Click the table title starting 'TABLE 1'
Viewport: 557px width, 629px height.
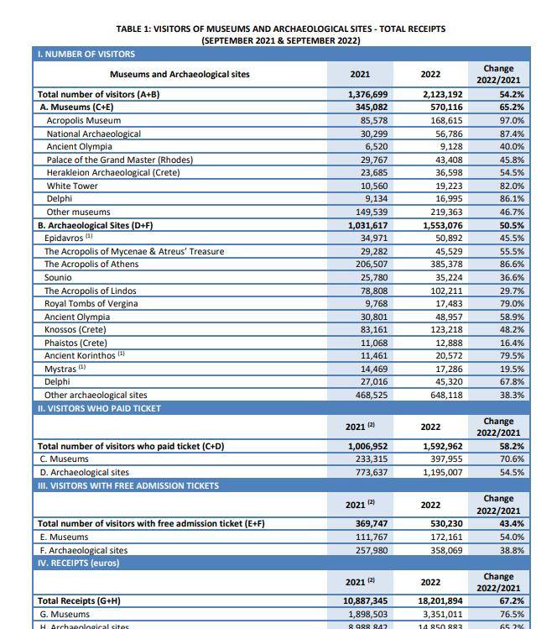click(280, 29)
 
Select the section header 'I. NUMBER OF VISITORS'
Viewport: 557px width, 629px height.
click(86, 54)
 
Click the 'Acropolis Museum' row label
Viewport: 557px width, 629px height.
click(84, 121)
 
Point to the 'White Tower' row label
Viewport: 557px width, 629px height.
click(72, 186)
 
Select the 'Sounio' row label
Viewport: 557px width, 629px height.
click(58, 277)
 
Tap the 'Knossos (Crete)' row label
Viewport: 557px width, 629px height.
click(76, 329)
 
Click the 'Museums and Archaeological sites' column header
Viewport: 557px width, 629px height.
click(180, 74)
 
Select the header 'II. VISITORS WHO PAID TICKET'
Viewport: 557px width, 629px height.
click(99, 408)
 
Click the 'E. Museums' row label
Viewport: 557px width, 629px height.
click(64, 537)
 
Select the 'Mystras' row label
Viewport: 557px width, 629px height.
click(60, 369)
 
